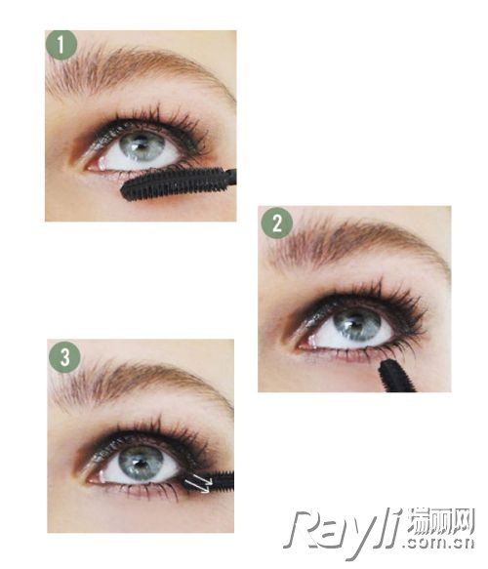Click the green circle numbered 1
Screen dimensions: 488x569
point(61,45)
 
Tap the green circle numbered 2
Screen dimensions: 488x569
point(277,223)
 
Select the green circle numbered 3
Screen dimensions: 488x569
point(64,356)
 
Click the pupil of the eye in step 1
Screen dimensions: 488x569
point(141,144)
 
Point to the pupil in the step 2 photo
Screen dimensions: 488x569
point(355,322)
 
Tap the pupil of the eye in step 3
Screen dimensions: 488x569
point(140,462)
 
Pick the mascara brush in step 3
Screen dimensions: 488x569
point(214,481)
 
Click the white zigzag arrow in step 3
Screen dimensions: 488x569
point(198,483)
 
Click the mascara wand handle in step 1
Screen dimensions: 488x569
point(231,178)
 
